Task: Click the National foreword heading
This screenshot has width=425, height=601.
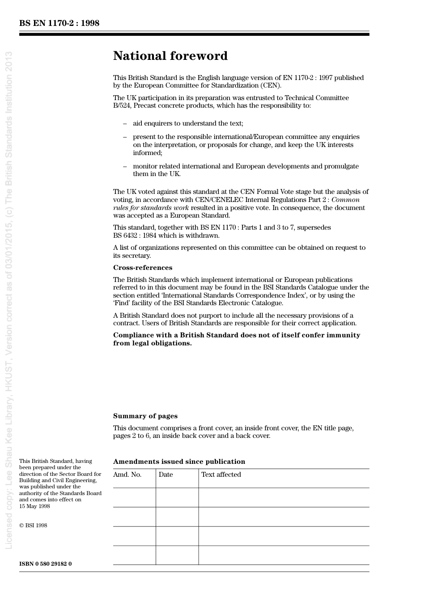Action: [x=170, y=56]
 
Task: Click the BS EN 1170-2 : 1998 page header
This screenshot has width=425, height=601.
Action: [x=59, y=23]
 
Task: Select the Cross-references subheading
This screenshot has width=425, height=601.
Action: [x=142, y=268]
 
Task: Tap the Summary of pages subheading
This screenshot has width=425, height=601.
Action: [x=145, y=416]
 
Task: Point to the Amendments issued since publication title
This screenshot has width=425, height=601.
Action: [x=179, y=462]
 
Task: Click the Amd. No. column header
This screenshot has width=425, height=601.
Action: [x=127, y=475]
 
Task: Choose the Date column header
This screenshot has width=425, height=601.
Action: [x=166, y=475]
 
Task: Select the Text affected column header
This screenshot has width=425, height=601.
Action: [x=221, y=475]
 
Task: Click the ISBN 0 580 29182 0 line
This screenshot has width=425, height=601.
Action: [x=45, y=564]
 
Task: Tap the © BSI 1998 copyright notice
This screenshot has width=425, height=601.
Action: [x=33, y=525]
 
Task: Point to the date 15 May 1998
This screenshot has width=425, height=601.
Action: [x=34, y=506]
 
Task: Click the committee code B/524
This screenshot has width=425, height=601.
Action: [x=123, y=106]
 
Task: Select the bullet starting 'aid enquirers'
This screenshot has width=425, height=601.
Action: [x=188, y=123]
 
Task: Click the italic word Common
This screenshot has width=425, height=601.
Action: [x=345, y=200]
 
